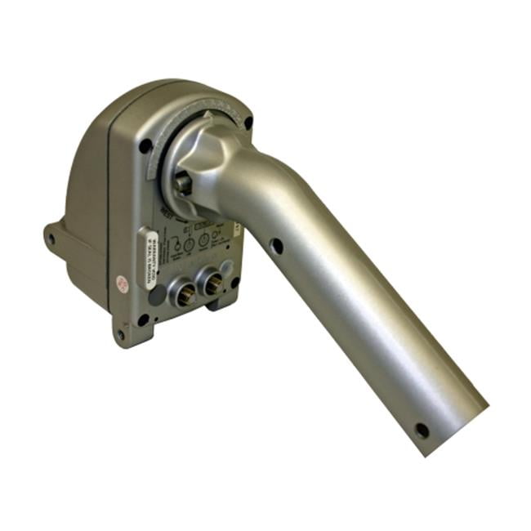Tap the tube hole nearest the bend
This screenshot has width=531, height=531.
(277, 244)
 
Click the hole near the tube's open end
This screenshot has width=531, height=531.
(422, 430)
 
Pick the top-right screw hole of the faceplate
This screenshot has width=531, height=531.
(248, 124)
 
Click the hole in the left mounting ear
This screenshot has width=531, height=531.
(51, 239)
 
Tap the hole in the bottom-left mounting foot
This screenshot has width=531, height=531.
(121, 335)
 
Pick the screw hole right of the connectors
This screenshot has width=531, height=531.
(235, 282)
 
